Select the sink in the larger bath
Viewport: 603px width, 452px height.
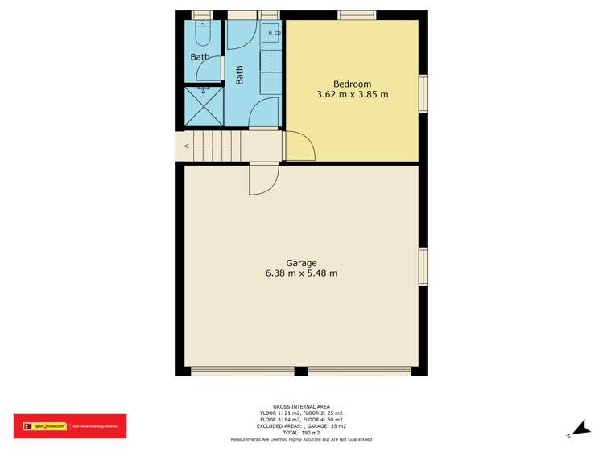click(271, 35)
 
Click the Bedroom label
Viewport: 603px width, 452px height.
click(352, 84)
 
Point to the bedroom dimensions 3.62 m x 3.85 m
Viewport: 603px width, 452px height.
click(353, 94)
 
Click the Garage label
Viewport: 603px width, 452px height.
click(301, 263)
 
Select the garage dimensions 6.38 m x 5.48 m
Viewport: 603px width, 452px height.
click(301, 273)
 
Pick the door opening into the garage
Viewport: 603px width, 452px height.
click(263, 179)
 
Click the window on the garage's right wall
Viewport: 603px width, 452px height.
click(423, 266)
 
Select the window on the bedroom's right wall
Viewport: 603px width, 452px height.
click(423, 94)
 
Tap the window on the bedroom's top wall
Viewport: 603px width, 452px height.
click(357, 14)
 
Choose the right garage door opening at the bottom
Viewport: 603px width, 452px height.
click(359, 371)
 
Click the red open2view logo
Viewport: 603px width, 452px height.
click(70, 426)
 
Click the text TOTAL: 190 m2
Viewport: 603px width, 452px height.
click(301, 433)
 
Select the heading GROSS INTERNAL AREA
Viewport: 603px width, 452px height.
click(301, 407)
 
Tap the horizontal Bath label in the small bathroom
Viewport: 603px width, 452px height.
click(200, 57)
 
